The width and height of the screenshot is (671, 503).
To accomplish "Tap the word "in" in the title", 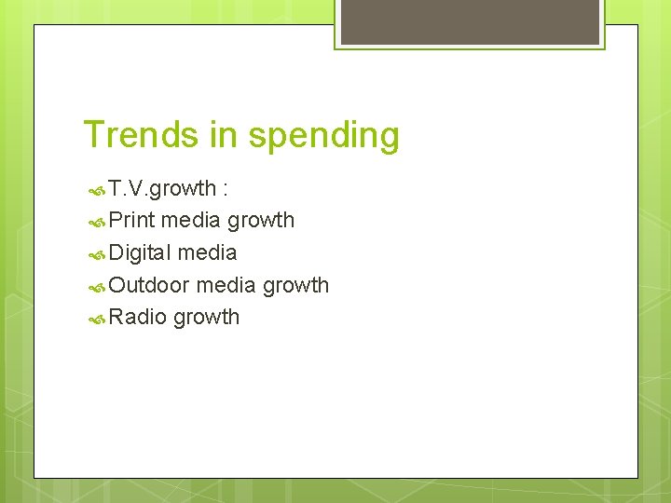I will coord(224,135).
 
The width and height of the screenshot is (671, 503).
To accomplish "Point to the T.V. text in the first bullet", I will coord(129,188).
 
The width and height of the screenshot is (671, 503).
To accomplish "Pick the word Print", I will coord(131,220).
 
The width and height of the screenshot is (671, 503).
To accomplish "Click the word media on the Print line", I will coord(191,220).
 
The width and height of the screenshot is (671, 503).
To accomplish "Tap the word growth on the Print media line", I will coord(261,221).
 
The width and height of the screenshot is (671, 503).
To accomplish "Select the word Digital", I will coord(140,252).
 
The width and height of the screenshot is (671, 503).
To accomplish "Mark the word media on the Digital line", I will coord(207,252).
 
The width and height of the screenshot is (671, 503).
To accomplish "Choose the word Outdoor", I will coord(149,284).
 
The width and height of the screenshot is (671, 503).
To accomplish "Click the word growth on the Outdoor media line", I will coord(295,285).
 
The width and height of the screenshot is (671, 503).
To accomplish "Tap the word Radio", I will coord(137,317).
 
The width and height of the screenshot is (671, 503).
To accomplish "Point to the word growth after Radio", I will coord(206,318).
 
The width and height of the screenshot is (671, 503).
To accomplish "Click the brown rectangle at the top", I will coord(470,20).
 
